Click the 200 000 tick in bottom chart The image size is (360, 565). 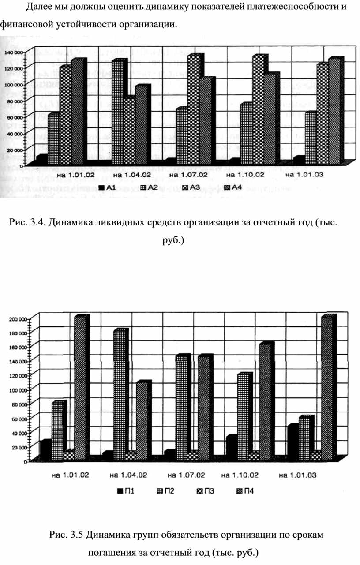click(19, 319)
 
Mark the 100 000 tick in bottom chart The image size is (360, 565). click(19, 389)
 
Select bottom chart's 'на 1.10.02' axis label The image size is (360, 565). click(242, 475)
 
